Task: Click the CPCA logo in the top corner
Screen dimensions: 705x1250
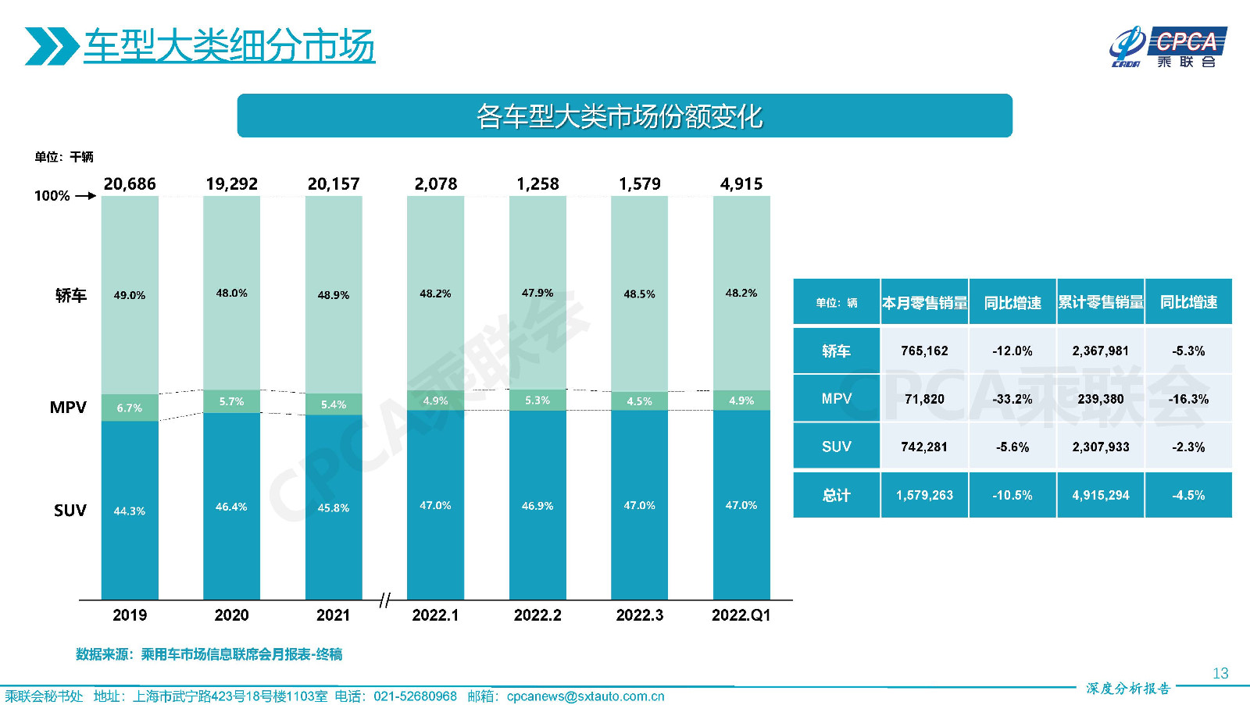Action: [1168, 47]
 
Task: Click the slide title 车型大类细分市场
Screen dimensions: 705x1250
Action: [229, 46]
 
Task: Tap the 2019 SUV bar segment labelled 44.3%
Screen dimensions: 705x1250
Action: [130, 511]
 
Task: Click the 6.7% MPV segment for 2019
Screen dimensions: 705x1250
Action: [130, 408]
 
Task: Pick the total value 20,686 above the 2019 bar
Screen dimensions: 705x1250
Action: [130, 184]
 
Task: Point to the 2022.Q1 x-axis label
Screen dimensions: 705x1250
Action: [741, 615]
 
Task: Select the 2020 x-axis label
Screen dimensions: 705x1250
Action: [231, 615]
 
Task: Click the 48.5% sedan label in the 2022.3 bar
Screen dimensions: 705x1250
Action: [639, 294]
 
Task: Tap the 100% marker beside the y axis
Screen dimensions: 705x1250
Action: [52, 196]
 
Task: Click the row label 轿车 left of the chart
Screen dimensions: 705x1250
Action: [70, 295]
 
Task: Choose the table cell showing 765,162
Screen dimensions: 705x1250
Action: [924, 351]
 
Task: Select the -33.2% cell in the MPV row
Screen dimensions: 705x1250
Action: [1012, 399]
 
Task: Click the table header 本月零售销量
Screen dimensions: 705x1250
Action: [924, 302]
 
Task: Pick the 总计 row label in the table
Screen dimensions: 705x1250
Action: [836, 495]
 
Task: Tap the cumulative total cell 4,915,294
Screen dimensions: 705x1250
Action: [1100, 495]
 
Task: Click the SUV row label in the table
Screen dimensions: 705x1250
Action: [836, 447]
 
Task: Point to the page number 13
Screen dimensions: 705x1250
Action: [1220, 673]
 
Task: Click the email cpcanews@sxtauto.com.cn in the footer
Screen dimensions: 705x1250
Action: [585, 696]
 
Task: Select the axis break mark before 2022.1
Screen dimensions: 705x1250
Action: [384, 600]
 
